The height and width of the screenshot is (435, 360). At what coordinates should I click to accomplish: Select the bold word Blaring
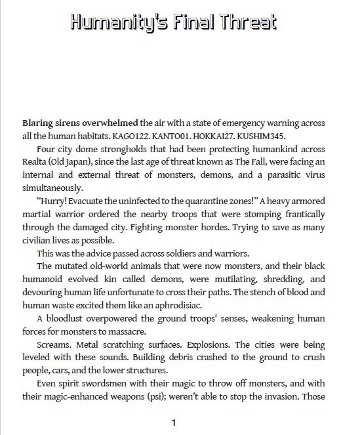click(x=38, y=123)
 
